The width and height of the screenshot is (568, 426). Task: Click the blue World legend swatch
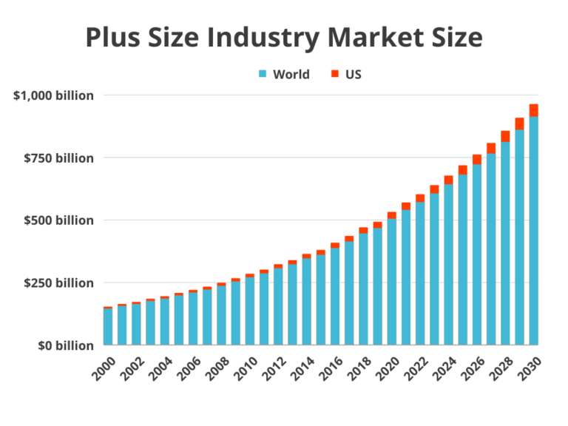coord(263,75)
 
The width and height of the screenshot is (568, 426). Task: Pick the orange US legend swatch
coord(334,75)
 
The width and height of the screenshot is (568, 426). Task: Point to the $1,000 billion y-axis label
coord(53,96)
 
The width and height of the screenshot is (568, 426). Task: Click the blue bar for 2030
coord(534,229)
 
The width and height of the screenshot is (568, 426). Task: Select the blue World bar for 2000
coord(108,326)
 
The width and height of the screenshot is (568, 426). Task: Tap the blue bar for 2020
coord(392,281)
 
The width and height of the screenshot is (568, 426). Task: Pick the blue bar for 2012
coord(278,306)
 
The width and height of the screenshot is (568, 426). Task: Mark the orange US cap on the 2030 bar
coord(534,109)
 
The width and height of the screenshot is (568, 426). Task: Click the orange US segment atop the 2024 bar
coord(449,179)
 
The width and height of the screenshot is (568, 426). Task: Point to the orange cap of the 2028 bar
coord(506,135)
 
